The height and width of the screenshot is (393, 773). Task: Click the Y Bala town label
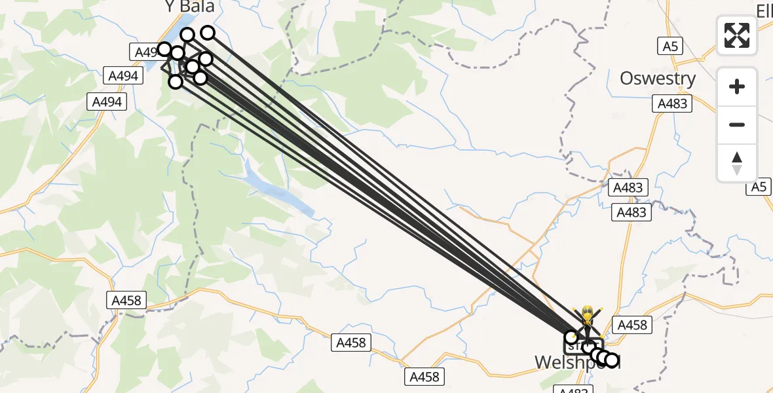(189, 7)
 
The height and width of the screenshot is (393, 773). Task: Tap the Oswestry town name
(657, 79)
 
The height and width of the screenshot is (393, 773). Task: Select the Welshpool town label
(576, 362)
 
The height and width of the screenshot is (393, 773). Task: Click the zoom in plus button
(737, 86)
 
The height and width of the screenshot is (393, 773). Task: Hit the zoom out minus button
(737, 124)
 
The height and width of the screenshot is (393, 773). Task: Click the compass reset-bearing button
(737, 163)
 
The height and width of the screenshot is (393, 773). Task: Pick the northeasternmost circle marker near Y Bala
(208, 32)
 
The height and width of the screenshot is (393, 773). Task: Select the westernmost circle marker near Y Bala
(164, 49)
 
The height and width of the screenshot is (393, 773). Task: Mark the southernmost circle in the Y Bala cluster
(176, 81)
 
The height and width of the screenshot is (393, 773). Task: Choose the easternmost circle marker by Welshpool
(611, 360)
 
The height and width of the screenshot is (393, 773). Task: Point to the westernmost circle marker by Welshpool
(571, 337)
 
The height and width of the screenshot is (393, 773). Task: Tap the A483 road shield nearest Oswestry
(673, 103)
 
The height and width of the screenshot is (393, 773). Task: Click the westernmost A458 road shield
(126, 301)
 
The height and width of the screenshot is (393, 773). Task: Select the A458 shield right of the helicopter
(632, 324)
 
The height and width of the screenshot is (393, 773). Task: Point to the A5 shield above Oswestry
(669, 46)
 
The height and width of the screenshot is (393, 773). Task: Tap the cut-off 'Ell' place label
(764, 10)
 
